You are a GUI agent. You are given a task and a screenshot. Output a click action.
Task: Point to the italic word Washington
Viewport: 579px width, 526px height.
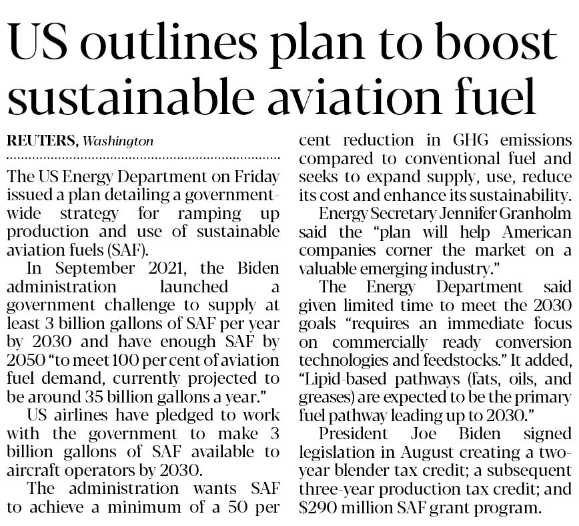click(x=119, y=142)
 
